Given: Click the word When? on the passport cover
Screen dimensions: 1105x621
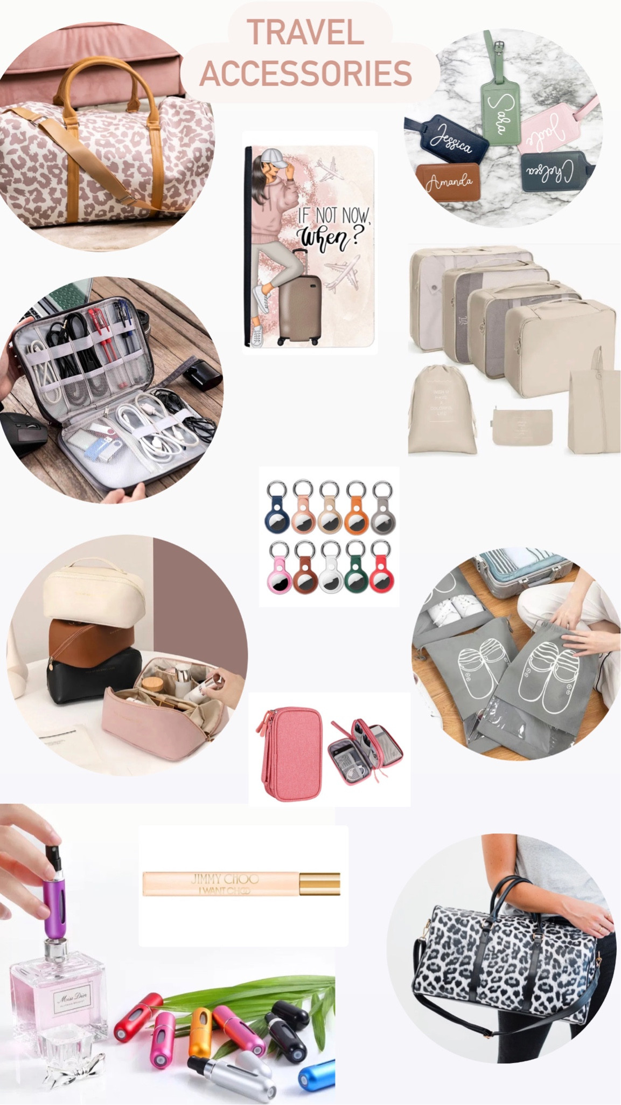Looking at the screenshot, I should [x=329, y=236].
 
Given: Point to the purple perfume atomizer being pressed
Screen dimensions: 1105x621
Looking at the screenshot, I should [x=54, y=889].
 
